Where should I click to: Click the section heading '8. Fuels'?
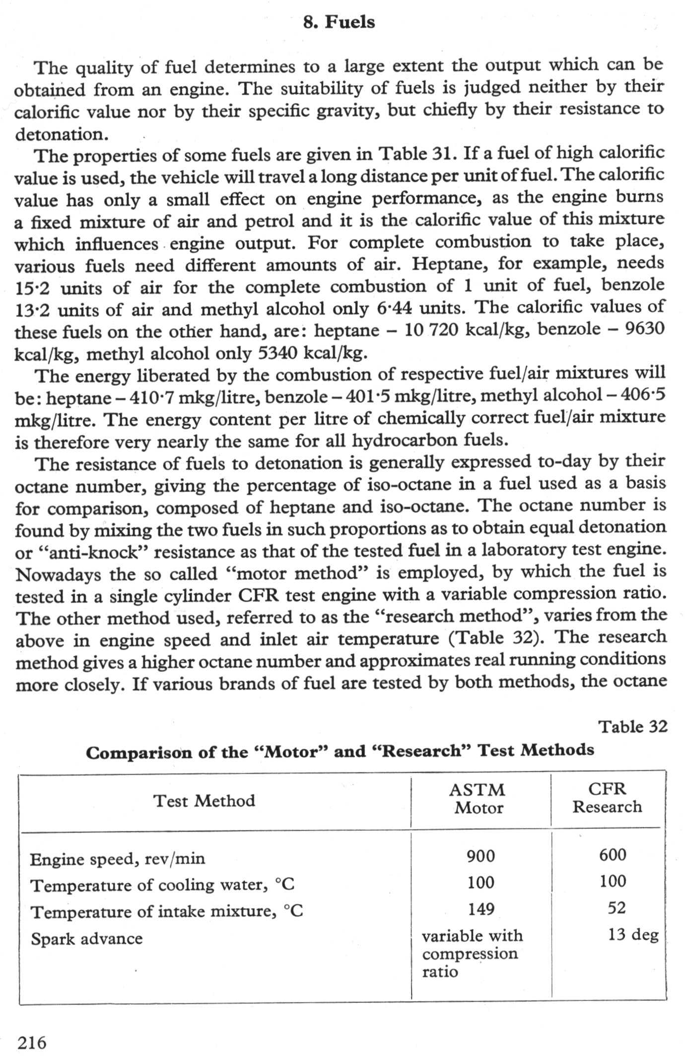click(x=339, y=22)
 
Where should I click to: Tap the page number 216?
click(x=32, y=1042)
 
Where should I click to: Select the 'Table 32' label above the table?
click(x=632, y=727)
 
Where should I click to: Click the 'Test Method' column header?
click(x=204, y=801)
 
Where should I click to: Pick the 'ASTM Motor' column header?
click(x=479, y=799)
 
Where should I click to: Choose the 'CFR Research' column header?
click(x=607, y=798)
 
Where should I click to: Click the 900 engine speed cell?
click(x=480, y=856)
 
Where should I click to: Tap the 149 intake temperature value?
click(x=481, y=909)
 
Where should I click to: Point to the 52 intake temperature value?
click(x=616, y=907)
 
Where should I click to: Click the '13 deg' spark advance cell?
click(x=633, y=934)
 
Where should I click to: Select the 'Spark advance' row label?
click(x=86, y=938)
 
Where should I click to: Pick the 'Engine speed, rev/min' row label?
click(x=117, y=859)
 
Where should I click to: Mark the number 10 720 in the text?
click(x=430, y=330)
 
